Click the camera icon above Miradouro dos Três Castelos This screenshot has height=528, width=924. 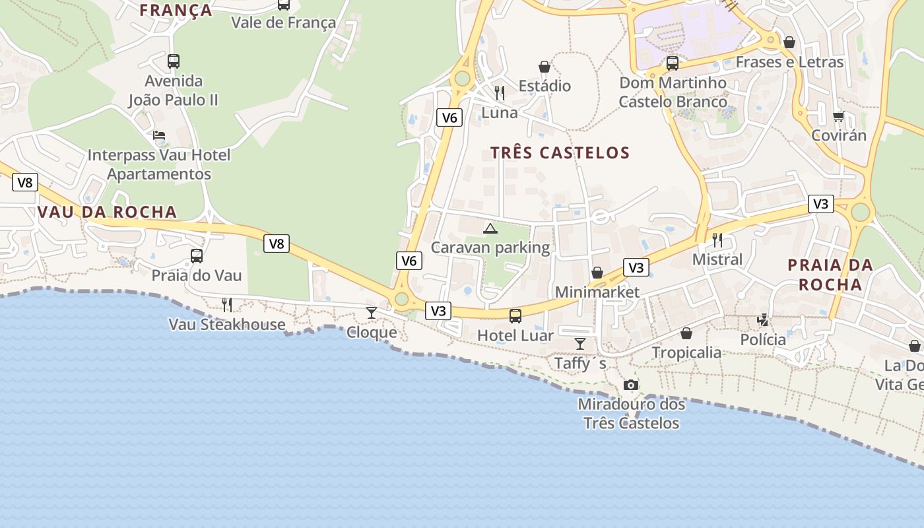(x=631, y=385)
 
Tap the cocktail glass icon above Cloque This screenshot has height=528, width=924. (x=372, y=312)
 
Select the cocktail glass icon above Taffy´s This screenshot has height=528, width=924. (x=580, y=343)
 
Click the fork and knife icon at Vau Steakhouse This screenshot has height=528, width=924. (x=227, y=304)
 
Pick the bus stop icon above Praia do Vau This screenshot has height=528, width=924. (x=197, y=256)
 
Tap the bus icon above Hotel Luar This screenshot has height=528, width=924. (x=515, y=316)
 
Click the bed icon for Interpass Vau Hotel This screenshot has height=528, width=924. (x=159, y=135)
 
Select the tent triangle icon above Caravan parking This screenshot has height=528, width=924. (x=490, y=228)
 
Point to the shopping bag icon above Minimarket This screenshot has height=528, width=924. (x=597, y=273)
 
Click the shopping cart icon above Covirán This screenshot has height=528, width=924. (x=838, y=116)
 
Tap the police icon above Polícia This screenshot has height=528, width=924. (x=763, y=320)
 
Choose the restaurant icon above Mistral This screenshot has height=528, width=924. (x=717, y=240)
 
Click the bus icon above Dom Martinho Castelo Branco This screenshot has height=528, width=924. (x=673, y=63)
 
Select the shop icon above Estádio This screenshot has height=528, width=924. (x=544, y=67)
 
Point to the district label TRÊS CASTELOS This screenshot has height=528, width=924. (x=560, y=153)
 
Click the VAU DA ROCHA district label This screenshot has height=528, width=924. (x=108, y=212)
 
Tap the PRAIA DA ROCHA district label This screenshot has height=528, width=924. (x=830, y=275)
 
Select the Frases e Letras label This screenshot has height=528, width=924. (x=789, y=62)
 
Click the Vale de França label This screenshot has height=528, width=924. (x=283, y=22)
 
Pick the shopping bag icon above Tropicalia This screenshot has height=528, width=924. (x=686, y=333)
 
